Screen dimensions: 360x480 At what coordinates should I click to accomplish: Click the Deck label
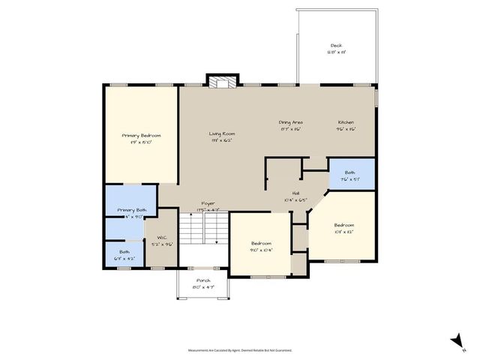click(x=336, y=45)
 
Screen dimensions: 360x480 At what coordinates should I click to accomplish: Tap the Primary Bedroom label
click(x=141, y=135)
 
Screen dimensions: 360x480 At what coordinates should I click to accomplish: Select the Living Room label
click(x=222, y=133)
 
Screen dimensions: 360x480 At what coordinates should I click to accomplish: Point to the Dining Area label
click(x=290, y=122)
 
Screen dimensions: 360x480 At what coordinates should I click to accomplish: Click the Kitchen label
click(x=346, y=122)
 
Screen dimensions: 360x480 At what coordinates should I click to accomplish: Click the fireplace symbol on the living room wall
click(x=222, y=82)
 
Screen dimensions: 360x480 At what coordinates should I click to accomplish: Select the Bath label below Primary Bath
click(x=124, y=252)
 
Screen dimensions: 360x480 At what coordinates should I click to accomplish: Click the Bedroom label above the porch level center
click(x=261, y=244)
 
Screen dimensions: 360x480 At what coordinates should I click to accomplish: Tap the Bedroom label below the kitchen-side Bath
click(x=343, y=224)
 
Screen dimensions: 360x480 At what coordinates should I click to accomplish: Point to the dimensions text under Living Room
click(x=222, y=140)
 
